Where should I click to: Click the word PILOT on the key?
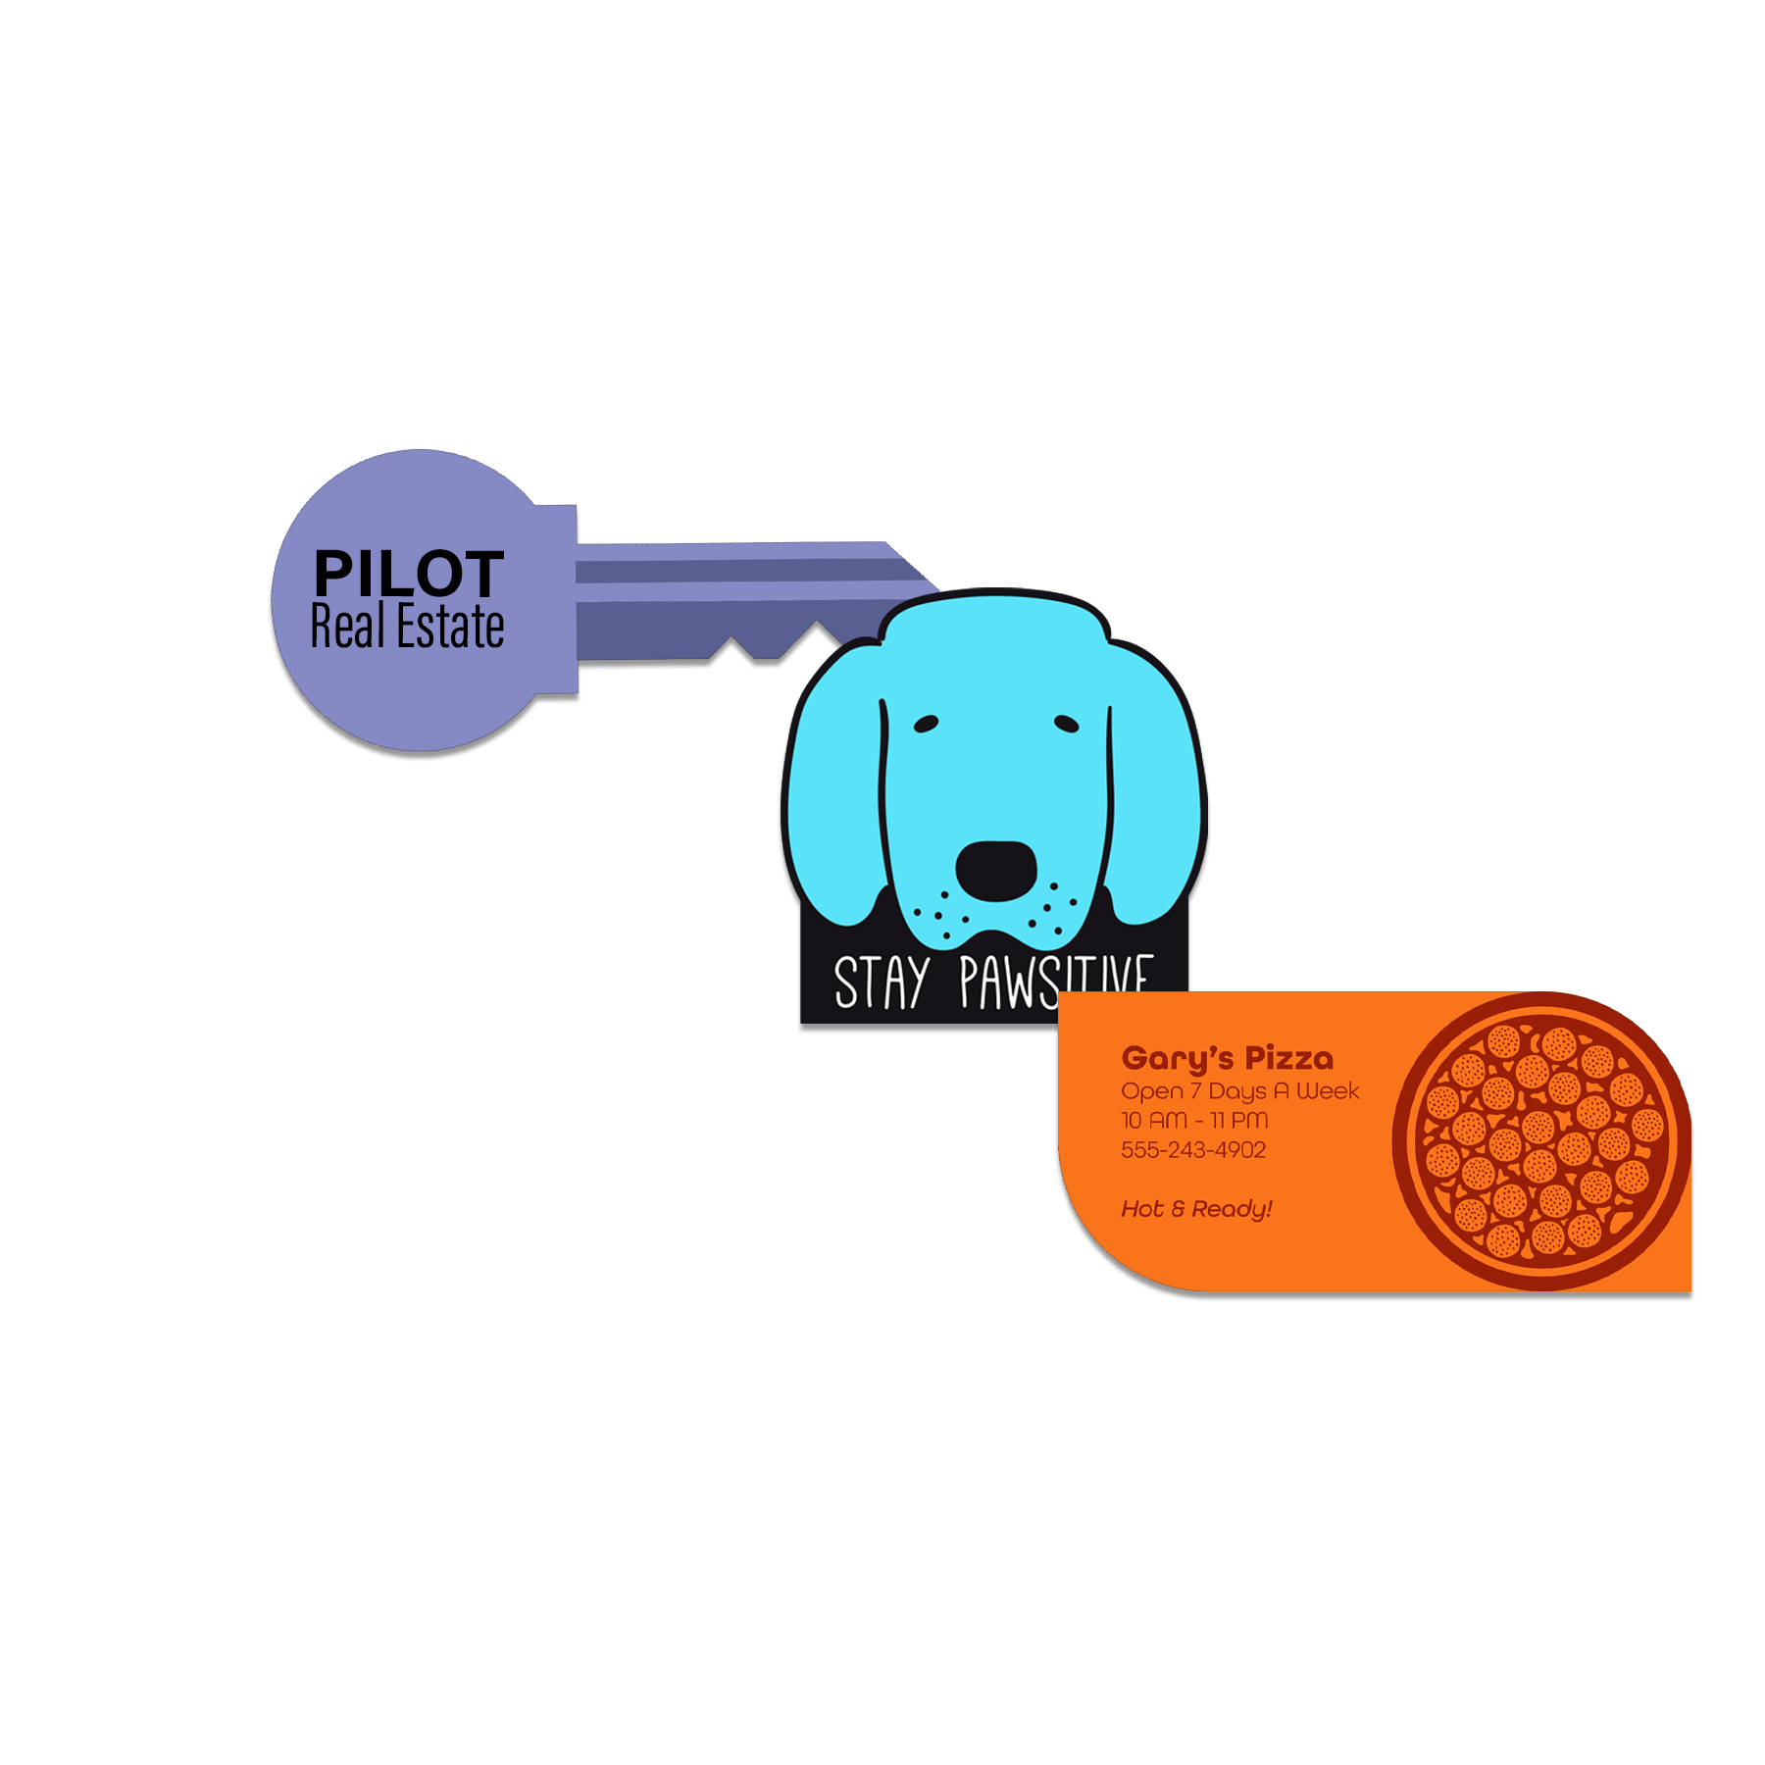pyautogui.click(x=408, y=574)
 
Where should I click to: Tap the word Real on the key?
pyautogui.click(x=347, y=627)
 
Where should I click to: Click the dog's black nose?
pyautogui.click(x=995, y=869)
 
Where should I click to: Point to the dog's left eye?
pyautogui.click(x=926, y=724)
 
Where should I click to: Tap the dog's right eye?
pyautogui.click(x=1067, y=724)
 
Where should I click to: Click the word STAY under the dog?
pyautogui.click(x=881, y=983)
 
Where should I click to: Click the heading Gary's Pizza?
pyautogui.click(x=1227, y=1058)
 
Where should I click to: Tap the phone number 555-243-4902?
pyautogui.click(x=1193, y=1149)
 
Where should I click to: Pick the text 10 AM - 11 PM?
pyautogui.click(x=1194, y=1120)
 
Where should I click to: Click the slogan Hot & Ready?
pyautogui.click(x=1196, y=1208)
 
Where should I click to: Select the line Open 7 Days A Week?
pyautogui.click(x=1239, y=1090)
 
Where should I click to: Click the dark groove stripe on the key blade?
pyautogui.click(x=735, y=571)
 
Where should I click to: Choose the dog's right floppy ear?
pyautogui.click(x=1155, y=784)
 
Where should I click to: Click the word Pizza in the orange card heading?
pyautogui.click(x=1288, y=1058)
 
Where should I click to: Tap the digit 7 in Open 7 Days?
pyautogui.click(x=1195, y=1090)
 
